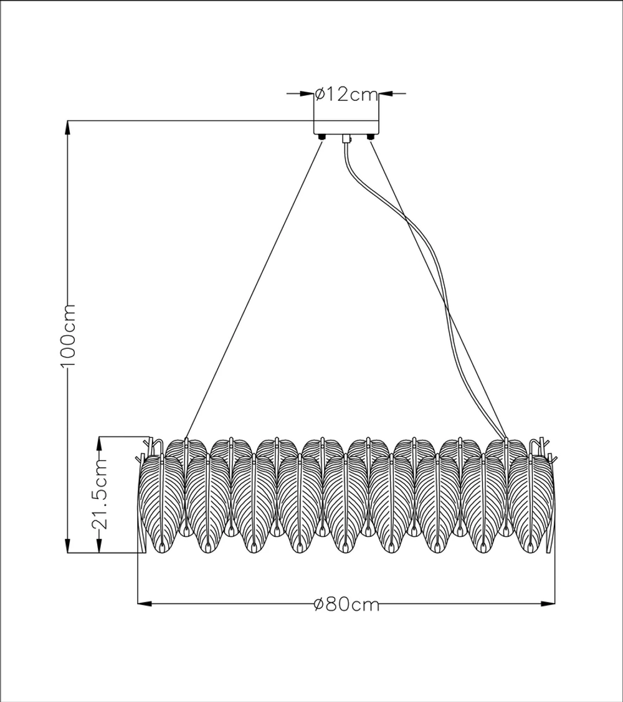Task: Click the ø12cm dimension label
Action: click(347, 95)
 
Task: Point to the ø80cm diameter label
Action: click(347, 604)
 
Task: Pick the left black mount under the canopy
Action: click(321, 136)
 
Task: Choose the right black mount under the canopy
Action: click(371, 136)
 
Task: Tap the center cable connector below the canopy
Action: click(347, 140)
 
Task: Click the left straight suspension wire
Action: click(255, 287)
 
